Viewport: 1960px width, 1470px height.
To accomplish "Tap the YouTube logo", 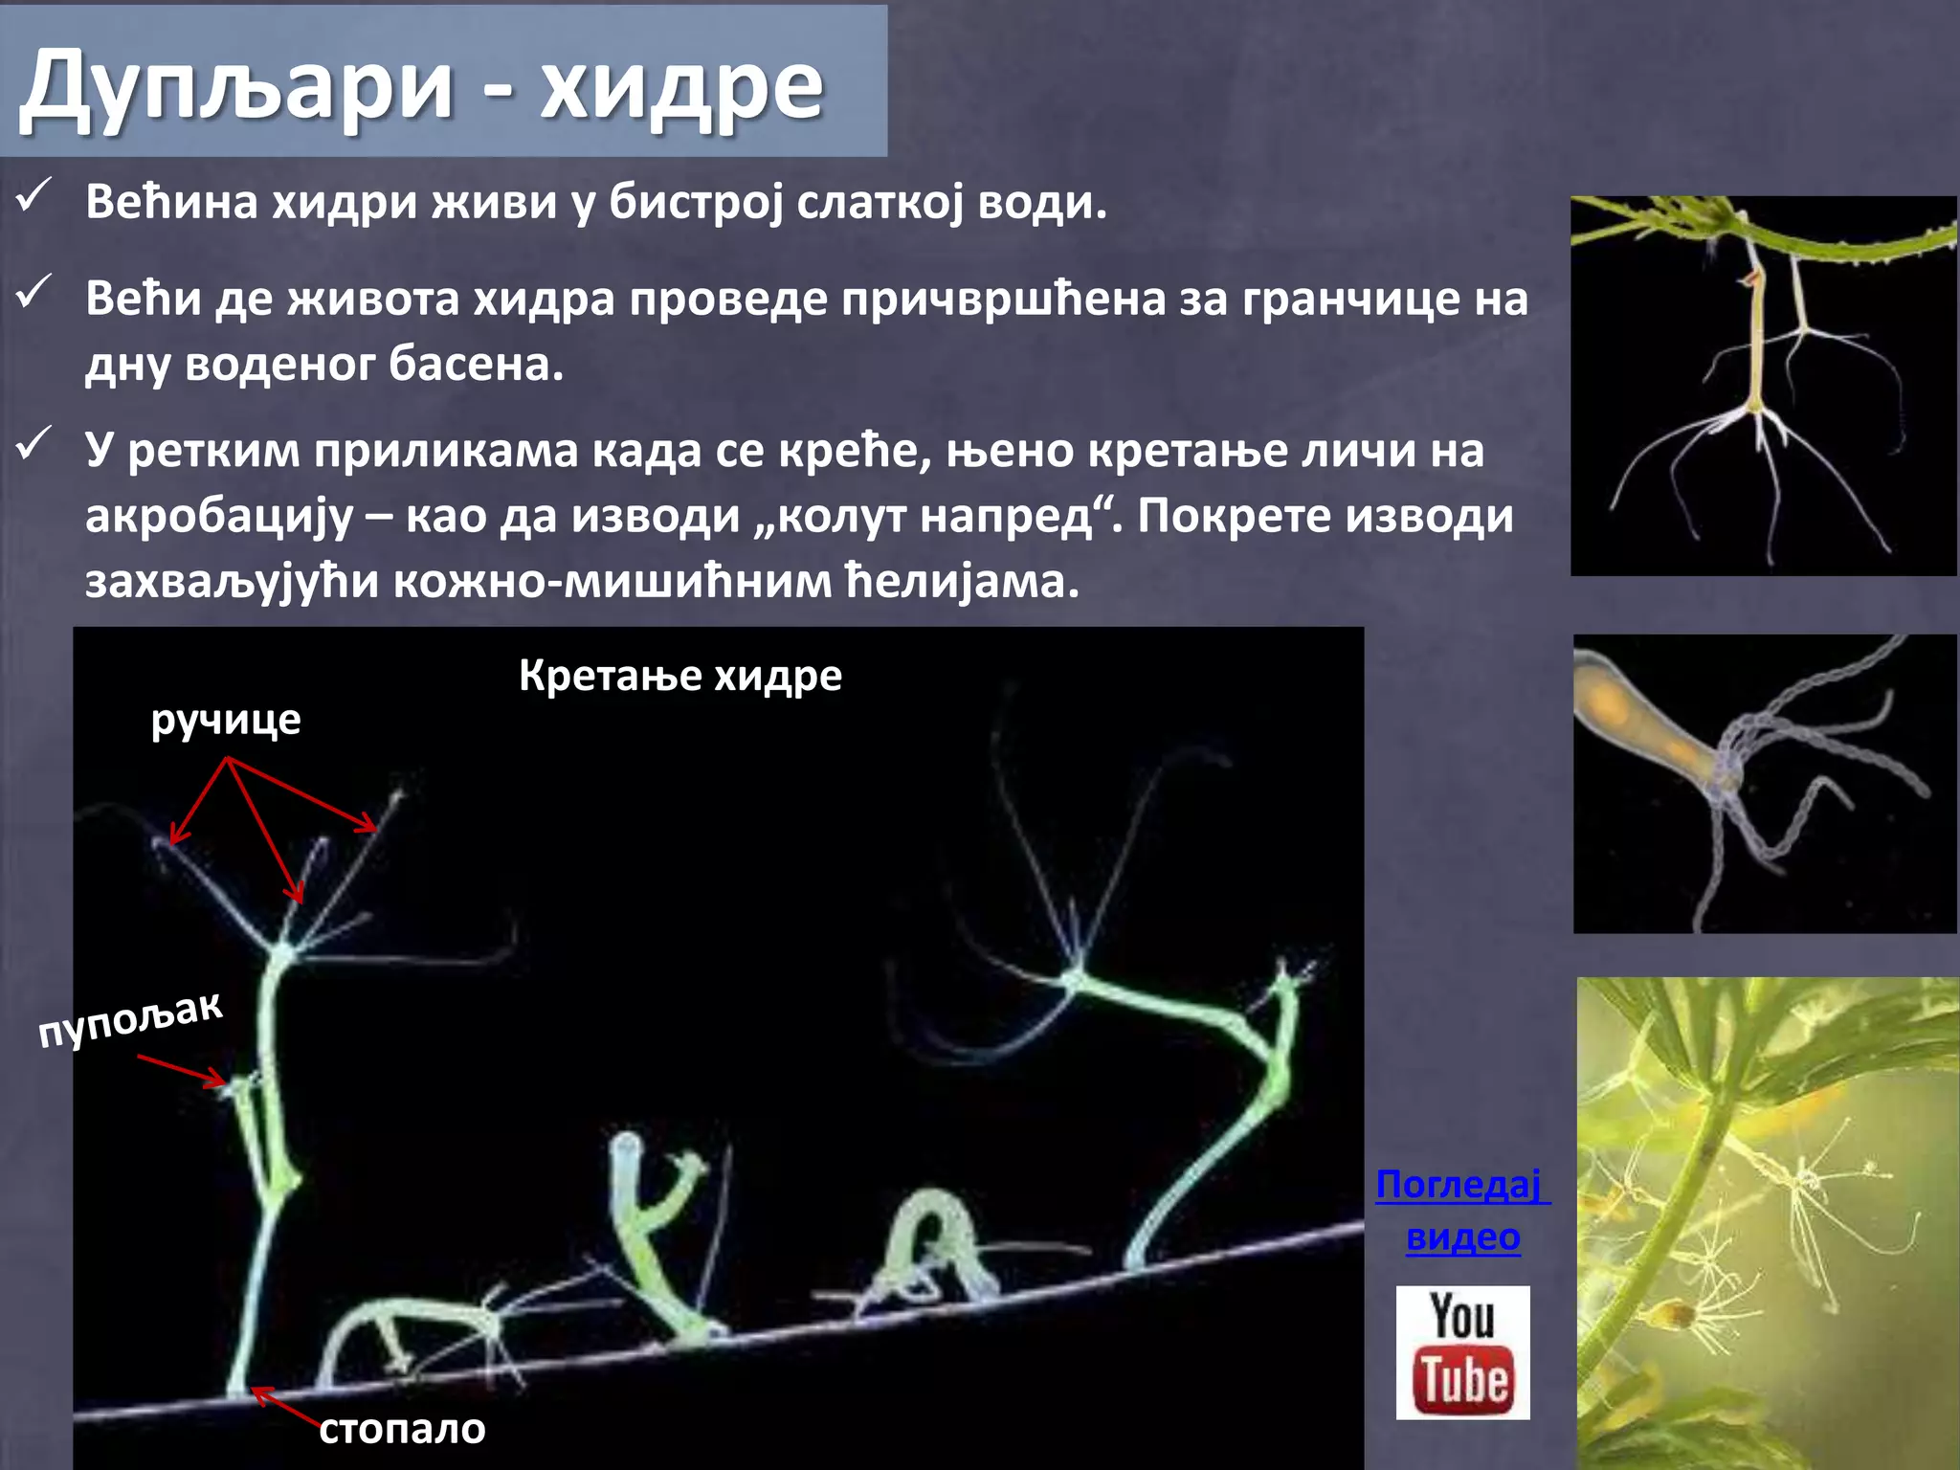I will click(1462, 1352).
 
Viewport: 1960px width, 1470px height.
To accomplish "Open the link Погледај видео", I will click(1461, 1211).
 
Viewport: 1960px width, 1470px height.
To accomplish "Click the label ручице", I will click(226, 720).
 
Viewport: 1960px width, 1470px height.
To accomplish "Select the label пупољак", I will click(130, 1019).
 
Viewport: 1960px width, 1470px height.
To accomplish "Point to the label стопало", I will click(402, 1429).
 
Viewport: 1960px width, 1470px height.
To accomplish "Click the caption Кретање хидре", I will click(680, 676).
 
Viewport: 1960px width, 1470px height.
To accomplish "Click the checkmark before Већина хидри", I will click(34, 198).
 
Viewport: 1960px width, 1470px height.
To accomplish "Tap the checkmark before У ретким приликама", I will click(34, 444).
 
